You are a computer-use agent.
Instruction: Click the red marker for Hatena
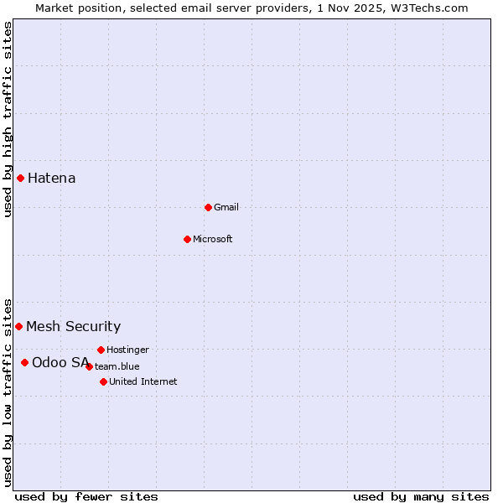coord(20,178)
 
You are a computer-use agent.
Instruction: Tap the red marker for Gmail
coord(208,207)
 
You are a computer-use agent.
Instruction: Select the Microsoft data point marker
coord(187,239)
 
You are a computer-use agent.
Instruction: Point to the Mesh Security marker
coord(18,326)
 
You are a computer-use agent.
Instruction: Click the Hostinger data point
coord(101,350)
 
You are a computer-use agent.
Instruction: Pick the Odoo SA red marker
coord(24,362)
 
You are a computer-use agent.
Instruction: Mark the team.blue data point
coord(89,366)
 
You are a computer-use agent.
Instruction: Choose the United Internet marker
coord(103,381)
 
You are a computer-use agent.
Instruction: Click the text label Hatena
coord(52,178)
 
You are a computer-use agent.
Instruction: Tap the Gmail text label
coord(226,207)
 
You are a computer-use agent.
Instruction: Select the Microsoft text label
coord(213,239)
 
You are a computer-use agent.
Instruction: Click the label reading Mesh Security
coord(74,326)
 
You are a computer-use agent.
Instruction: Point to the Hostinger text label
coord(127,350)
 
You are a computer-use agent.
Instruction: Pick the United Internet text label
coord(143,381)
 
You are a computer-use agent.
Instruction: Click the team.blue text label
coord(117,366)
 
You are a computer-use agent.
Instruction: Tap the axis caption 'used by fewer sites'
coord(86,496)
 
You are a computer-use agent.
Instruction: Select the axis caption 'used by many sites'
coord(421,496)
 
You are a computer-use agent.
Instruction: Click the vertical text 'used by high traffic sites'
coord(8,119)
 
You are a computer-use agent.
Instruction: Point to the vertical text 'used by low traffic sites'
coord(8,392)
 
